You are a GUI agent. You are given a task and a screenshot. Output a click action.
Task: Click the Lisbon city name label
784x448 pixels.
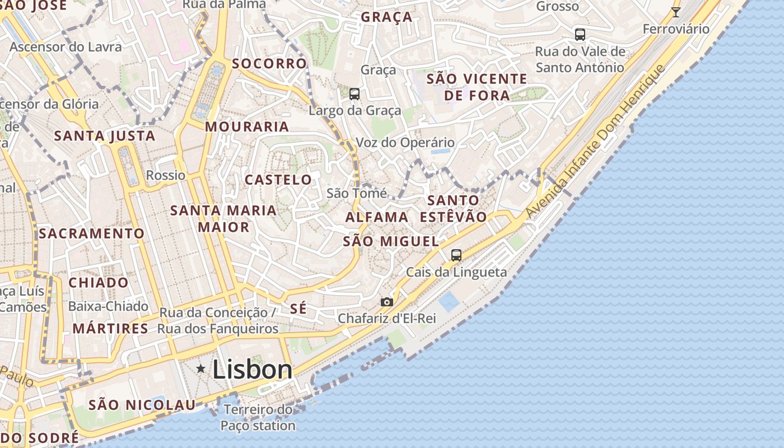[x=253, y=370]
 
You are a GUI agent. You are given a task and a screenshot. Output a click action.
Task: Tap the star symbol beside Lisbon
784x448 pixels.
[x=201, y=368]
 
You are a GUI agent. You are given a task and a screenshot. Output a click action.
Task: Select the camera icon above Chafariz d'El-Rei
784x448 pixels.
[x=386, y=302]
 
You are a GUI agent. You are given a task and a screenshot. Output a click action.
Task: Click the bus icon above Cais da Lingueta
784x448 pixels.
[x=456, y=255]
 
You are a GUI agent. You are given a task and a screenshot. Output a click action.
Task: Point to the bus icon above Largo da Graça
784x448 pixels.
[x=354, y=94]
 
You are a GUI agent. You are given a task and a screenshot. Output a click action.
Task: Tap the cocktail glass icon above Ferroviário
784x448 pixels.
[x=676, y=12]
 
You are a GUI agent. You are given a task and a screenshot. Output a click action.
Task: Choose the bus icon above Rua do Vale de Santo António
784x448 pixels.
[x=580, y=35]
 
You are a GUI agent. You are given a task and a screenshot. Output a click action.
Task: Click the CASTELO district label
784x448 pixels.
[x=278, y=180]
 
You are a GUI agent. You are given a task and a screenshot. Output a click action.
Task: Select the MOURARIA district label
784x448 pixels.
[x=247, y=127]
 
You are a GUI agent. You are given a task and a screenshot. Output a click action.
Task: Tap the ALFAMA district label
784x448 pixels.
[x=377, y=217]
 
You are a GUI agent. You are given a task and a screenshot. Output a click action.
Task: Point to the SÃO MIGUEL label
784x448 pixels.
[x=390, y=241]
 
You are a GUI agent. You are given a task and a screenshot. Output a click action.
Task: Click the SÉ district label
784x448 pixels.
[x=298, y=309]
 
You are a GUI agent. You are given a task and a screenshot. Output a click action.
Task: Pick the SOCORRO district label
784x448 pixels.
[x=269, y=63]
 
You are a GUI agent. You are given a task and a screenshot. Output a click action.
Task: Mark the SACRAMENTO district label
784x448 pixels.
[x=92, y=233]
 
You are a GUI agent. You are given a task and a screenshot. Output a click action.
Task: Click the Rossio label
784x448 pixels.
[x=166, y=175]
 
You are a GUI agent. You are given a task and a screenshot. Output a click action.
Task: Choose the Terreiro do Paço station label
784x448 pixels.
[x=258, y=418]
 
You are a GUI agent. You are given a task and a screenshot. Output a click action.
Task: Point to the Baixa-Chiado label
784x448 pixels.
[x=108, y=306]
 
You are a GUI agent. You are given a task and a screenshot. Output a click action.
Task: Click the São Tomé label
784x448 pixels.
[x=357, y=193]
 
